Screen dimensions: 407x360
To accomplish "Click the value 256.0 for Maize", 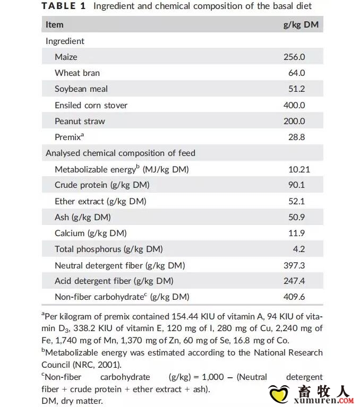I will click(x=294, y=57).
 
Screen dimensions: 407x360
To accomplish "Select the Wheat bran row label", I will click(x=77, y=73).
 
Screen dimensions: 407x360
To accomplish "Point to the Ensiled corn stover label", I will click(x=91, y=105).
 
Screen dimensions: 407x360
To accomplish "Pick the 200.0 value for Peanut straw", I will click(x=294, y=121).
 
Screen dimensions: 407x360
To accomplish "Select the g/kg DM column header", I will click(x=301, y=24).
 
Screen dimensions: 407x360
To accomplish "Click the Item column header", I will click(x=54, y=24).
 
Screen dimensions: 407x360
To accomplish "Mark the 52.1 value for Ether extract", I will click(x=296, y=201).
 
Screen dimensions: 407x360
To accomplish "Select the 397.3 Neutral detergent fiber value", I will click(x=294, y=265).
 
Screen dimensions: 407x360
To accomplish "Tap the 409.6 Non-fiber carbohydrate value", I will click(x=294, y=297).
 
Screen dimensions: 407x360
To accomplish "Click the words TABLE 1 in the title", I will click(x=64, y=6).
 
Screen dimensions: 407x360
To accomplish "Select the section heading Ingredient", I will click(x=65, y=41).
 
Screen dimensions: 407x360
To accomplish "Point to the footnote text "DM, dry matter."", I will click(x=72, y=401).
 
